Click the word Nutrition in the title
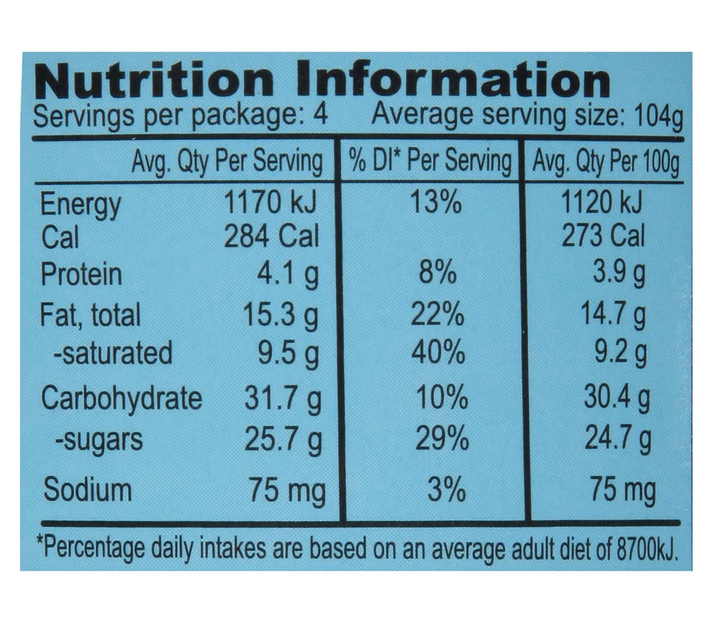(155, 80)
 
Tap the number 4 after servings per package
(320, 116)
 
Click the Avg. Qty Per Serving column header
(227, 162)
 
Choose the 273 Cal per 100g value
(604, 237)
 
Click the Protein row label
(82, 275)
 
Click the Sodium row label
(88, 490)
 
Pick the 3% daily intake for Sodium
(446, 490)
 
